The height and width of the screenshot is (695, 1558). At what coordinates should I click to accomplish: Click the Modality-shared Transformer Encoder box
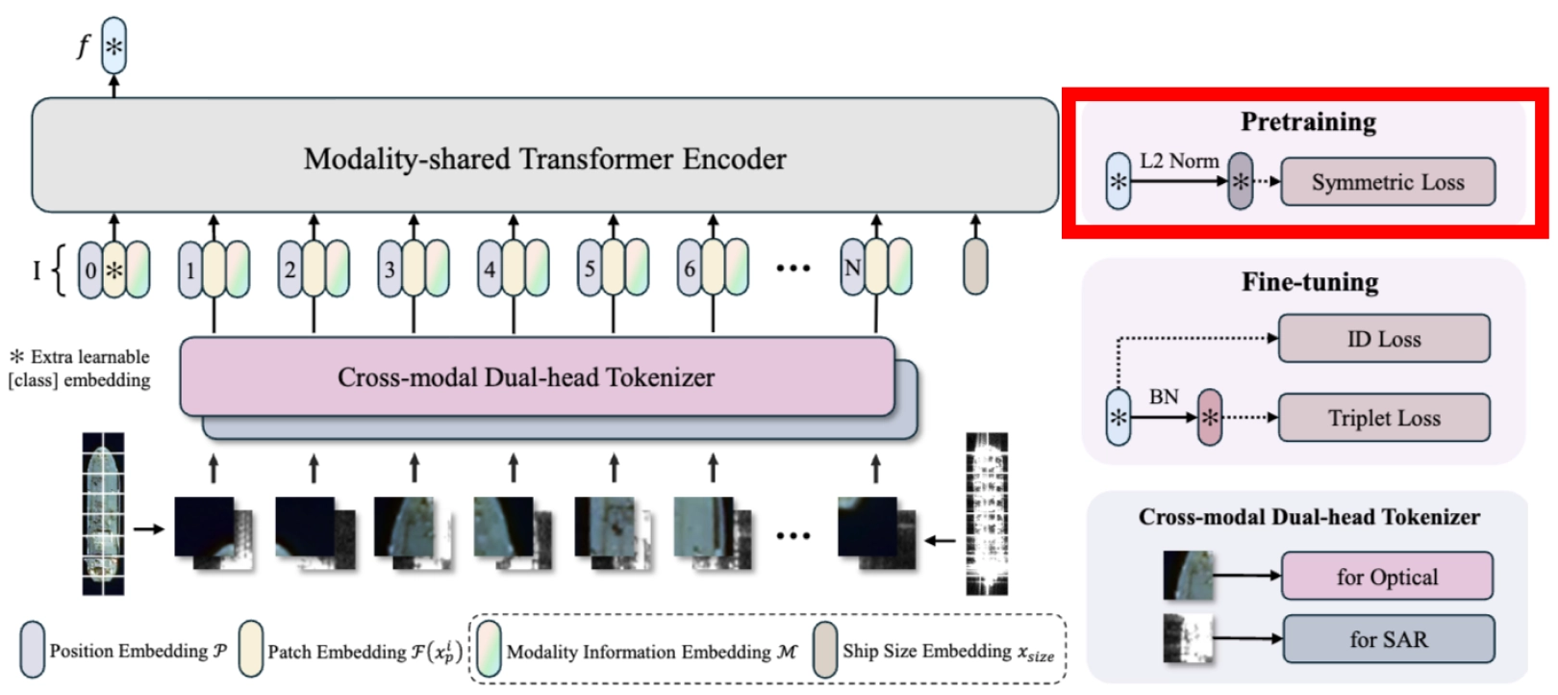(x=544, y=155)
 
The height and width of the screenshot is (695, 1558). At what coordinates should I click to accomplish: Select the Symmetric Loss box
(x=1388, y=182)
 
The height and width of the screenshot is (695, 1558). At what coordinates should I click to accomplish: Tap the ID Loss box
(x=1384, y=339)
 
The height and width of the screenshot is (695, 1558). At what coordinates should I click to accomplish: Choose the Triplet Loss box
(x=1384, y=417)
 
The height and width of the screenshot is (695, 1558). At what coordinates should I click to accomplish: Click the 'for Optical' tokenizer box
(x=1387, y=576)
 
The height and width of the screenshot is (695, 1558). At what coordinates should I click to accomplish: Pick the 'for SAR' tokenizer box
(x=1389, y=638)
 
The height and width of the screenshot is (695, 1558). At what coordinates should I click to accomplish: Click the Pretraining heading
(x=1308, y=122)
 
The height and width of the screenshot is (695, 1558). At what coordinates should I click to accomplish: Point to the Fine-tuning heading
(x=1310, y=282)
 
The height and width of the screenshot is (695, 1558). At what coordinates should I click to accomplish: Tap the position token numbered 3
(x=390, y=269)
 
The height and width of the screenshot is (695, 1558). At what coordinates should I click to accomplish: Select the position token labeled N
(x=853, y=268)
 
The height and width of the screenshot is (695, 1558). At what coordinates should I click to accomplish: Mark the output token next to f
(x=114, y=46)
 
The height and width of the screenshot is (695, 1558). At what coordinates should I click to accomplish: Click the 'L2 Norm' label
(x=1179, y=161)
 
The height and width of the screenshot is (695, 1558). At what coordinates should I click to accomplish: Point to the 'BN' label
(x=1164, y=397)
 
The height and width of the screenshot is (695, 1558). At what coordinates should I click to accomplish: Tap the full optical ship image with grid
(x=103, y=514)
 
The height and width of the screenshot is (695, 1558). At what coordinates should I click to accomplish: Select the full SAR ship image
(x=987, y=514)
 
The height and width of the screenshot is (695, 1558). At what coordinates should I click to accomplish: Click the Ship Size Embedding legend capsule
(x=825, y=650)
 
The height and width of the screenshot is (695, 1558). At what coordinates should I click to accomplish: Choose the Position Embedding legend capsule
(x=33, y=650)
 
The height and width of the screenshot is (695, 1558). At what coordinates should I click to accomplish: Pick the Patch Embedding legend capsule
(x=250, y=650)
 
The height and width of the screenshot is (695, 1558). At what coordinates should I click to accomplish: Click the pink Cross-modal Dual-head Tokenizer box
(x=537, y=376)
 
